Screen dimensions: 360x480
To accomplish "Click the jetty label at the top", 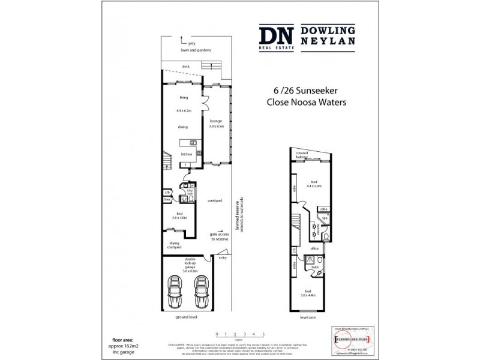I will [x=192, y=43].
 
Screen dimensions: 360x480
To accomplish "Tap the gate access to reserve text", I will [x=219, y=236].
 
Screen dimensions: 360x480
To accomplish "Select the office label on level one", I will [x=314, y=247].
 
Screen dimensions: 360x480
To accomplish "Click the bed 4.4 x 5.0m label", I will [x=314, y=184].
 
